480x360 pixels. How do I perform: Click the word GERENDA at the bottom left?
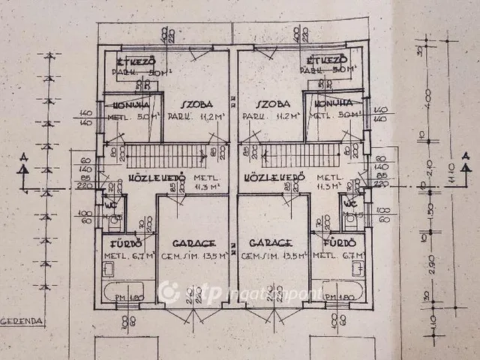click(x=22, y=321)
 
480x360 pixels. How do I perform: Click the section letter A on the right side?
click(x=466, y=156)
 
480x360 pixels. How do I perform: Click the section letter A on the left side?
click(x=24, y=156)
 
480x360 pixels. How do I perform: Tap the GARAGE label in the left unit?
click(x=193, y=243)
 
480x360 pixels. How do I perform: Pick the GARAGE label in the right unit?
click(x=267, y=243)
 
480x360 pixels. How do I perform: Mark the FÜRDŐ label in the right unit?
click(x=340, y=244)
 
